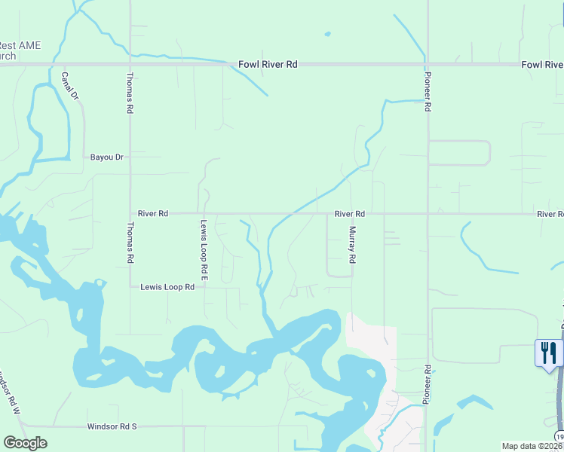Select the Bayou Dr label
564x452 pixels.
coord(106,157)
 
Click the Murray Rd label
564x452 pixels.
coord(351,246)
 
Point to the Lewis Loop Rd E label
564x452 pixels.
coord(204,246)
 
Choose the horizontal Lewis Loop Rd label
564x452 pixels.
coord(167,287)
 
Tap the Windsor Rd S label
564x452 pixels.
coord(112,426)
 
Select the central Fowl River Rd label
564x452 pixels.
coord(268,65)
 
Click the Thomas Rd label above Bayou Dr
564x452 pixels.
coord(130,93)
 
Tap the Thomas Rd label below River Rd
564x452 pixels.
coord(130,243)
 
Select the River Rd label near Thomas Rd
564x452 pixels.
coord(153,214)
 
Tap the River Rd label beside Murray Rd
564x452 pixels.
coord(350,214)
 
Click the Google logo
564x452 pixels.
coord(25,443)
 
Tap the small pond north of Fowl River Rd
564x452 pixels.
coord(327,33)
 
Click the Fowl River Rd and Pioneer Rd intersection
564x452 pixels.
coord(427,65)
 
